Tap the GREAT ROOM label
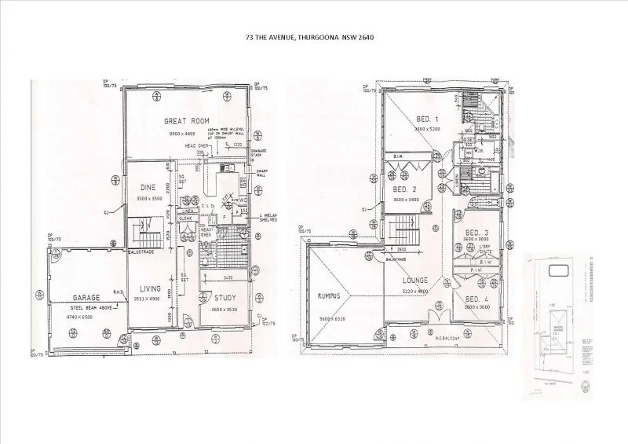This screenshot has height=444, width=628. click(184, 121)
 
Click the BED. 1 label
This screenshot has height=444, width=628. click(427, 119)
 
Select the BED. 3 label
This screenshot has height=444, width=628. click(476, 233)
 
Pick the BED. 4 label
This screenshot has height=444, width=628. click(476, 299)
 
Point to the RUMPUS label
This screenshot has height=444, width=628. click(334, 296)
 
